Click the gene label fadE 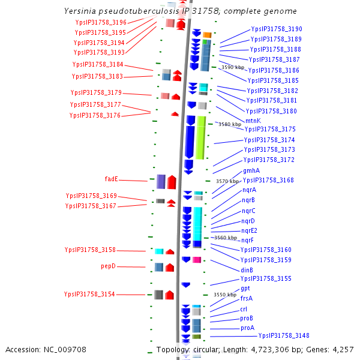tap(112, 179)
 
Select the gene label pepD tap(108, 266)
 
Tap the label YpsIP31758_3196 tap(101, 22)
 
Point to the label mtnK tap(253, 121)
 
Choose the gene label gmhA tap(251, 170)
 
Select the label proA tap(247, 328)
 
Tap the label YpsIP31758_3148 tap(284, 335)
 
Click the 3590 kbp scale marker tap(233, 68)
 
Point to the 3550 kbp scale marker tap(224, 295)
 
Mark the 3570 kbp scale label tap(227, 181)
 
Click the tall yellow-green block tap(201, 137)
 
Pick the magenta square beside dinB tap(196, 260)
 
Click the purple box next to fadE tap(161, 181)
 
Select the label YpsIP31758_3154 tap(89, 294)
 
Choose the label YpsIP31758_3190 tap(277, 29)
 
